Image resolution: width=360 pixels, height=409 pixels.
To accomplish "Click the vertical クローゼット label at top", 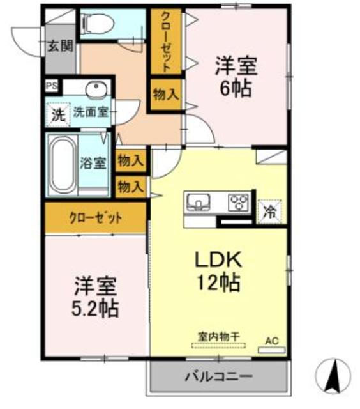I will click(x=165, y=42).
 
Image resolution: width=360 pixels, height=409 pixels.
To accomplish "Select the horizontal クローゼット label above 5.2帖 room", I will click(x=95, y=217).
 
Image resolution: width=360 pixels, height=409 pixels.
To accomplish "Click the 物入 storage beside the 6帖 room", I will click(x=165, y=94).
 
